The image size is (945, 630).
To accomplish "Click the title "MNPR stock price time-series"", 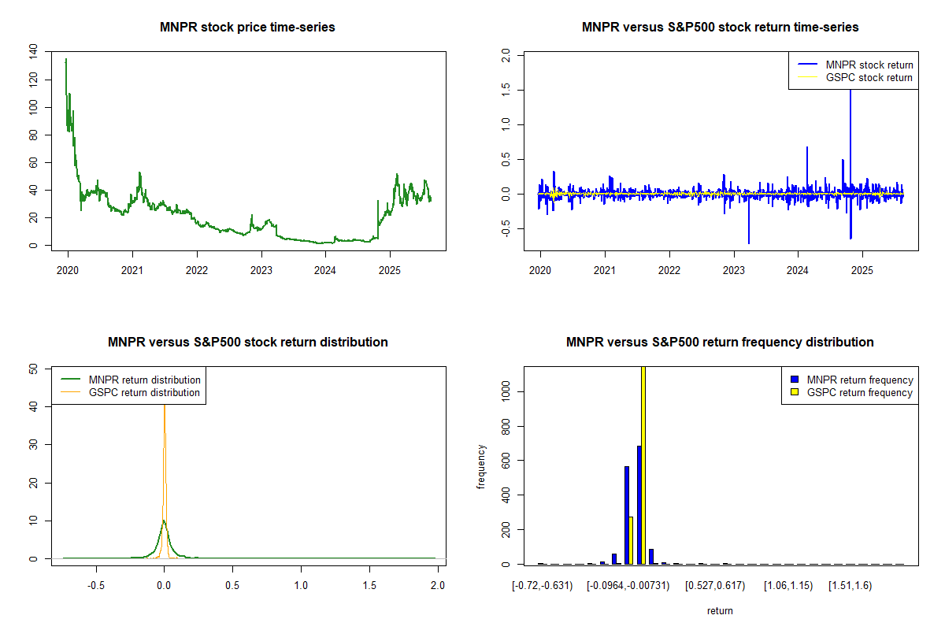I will coord(247,28).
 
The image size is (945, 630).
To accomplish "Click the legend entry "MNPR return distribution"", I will coord(144,380).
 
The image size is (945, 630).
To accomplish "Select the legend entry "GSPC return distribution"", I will coord(144,392).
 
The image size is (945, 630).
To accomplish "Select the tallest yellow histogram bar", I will coord(643,465).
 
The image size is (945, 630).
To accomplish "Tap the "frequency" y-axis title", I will coord(481,466).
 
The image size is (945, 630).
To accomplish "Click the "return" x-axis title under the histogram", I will coord(720,610).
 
